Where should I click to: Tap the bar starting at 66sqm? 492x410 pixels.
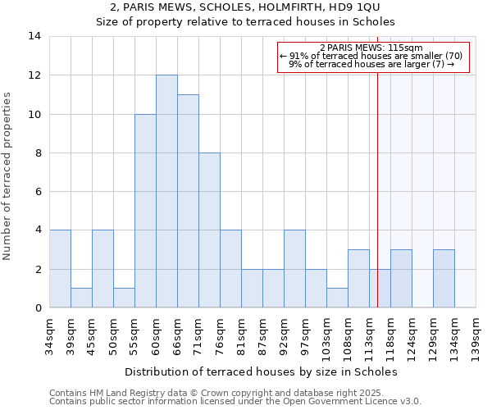point(188,201)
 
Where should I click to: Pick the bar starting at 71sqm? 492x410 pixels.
point(209,230)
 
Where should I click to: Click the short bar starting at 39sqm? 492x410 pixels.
point(81,298)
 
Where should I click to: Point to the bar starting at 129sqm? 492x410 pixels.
point(444,279)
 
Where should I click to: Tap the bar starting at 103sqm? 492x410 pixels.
point(337,298)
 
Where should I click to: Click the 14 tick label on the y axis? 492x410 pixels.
point(34,36)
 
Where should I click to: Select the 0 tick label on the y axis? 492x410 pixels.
point(38,308)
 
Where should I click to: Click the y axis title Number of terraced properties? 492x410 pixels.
point(7,176)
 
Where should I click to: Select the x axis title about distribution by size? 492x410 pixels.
point(262,371)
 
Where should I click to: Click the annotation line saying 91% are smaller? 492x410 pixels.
point(371,56)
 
